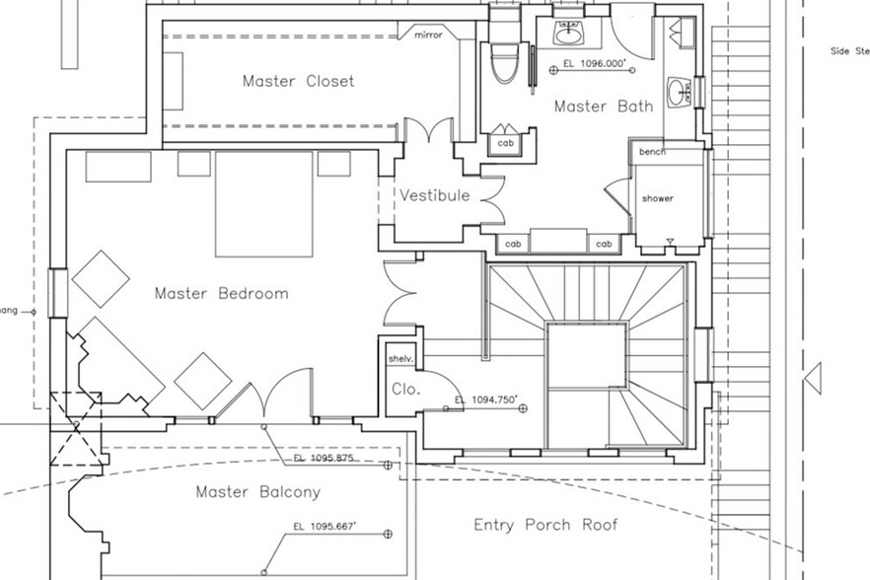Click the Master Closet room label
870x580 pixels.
(298, 81)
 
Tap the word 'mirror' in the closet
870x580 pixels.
(421, 35)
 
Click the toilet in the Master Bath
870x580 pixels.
(502, 60)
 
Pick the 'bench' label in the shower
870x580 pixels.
(652, 152)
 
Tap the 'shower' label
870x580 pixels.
(657, 198)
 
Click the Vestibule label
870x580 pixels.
(433, 195)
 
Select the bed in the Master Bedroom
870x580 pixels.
(264, 204)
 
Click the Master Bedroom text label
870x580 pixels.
(221, 293)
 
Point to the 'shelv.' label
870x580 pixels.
(399, 358)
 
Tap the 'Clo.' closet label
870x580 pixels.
(405, 389)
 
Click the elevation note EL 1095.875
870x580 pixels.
(324, 459)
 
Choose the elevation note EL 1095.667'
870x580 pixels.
(325, 527)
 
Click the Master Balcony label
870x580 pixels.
(257, 491)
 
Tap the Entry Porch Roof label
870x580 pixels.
(545, 524)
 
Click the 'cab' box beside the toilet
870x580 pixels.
(505, 143)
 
